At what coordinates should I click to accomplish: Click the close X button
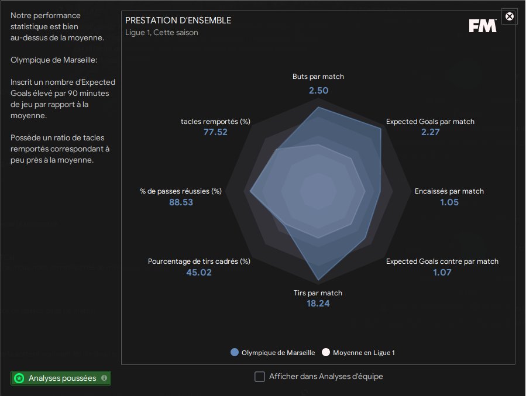pyautogui.click(x=509, y=16)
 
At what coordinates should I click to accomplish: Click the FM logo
pyautogui.click(x=483, y=26)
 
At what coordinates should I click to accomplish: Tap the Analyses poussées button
pyautogui.click(x=61, y=378)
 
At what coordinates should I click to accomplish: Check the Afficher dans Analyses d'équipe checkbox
pyautogui.click(x=260, y=377)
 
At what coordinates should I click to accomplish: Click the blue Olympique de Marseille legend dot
pyautogui.click(x=235, y=352)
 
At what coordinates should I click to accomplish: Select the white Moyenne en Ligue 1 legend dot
pyautogui.click(x=326, y=352)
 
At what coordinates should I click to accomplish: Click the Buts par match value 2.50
pyautogui.click(x=319, y=91)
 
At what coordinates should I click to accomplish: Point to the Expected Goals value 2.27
pyautogui.click(x=431, y=132)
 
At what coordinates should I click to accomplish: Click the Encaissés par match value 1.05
pyautogui.click(x=449, y=202)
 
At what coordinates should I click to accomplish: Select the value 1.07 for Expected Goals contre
pyautogui.click(x=442, y=272)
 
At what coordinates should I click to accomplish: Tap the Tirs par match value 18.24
pyautogui.click(x=318, y=304)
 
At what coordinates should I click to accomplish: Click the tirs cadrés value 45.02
pyautogui.click(x=199, y=272)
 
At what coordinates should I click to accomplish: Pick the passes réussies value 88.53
pyautogui.click(x=181, y=202)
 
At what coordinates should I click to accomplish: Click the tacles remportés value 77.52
pyautogui.click(x=215, y=132)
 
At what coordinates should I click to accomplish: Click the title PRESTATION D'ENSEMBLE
pyautogui.click(x=178, y=20)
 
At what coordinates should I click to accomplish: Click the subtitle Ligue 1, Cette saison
pyautogui.click(x=161, y=33)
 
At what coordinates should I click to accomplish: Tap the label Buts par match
pyautogui.click(x=318, y=77)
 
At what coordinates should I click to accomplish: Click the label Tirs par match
pyautogui.click(x=318, y=292)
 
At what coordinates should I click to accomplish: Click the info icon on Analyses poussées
pyautogui.click(x=104, y=378)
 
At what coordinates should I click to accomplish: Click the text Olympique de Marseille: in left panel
pyautogui.click(x=54, y=60)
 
